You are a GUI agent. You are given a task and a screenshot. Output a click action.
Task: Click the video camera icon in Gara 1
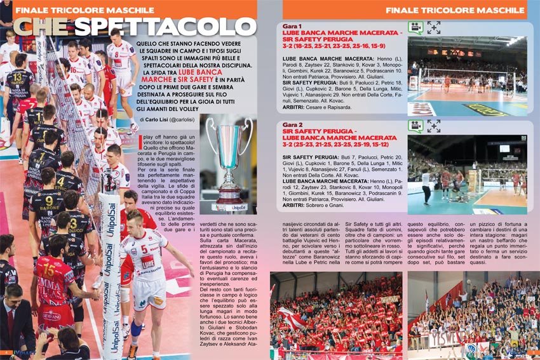click(x=415, y=27)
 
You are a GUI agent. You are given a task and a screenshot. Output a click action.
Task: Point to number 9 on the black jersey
click(x=48, y=203)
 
